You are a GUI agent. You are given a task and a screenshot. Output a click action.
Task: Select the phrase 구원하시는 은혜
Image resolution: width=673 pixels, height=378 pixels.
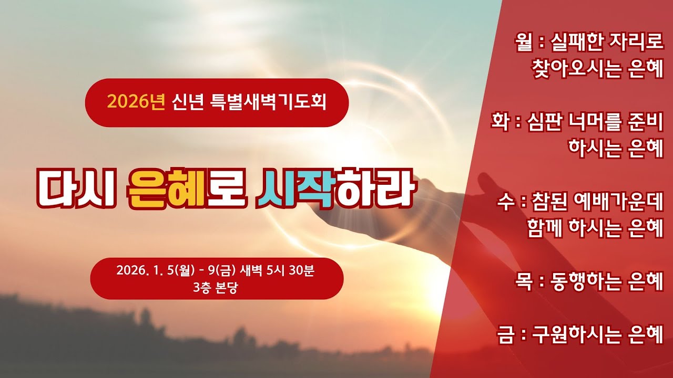click(x=598, y=334)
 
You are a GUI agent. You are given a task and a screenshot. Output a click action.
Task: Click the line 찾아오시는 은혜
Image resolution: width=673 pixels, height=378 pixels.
click(x=598, y=69)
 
